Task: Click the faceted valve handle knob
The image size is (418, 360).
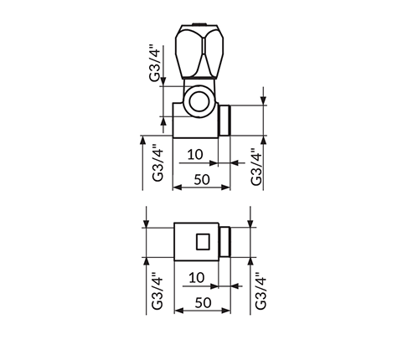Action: [199, 52]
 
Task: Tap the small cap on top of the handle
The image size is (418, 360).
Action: [199, 23]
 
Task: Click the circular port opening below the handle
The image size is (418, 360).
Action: [199, 101]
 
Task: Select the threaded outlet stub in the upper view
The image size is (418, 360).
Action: [224, 121]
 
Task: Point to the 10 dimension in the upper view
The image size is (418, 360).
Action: [195, 154]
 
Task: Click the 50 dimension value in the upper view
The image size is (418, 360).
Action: [202, 179]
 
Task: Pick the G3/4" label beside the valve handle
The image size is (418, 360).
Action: [155, 63]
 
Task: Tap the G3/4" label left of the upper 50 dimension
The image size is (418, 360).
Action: [158, 163]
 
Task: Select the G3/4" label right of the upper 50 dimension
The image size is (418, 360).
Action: [256, 167]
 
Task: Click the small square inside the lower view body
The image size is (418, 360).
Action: [203, 242]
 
